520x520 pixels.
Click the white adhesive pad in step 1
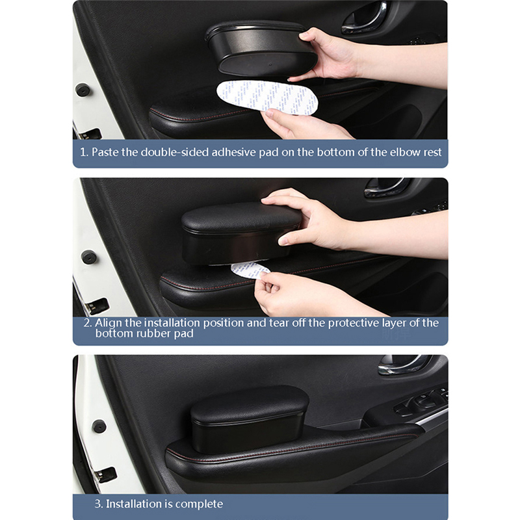click(x=267, y=97)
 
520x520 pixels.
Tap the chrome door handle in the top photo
click(x=365, y=18)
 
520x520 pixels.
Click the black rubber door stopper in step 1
click(x=83, y=90)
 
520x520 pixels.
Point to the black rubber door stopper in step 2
click(x=89, y=257)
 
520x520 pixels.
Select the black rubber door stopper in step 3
click(x=99, y=426)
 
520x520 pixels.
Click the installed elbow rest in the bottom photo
click(x=250, y=419)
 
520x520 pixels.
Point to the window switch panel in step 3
click(x=421, y=400)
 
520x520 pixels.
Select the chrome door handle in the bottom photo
click(x=404, y=365)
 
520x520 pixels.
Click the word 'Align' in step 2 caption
click(x=109, y=323)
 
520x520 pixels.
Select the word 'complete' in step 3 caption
click(x=199, y=504)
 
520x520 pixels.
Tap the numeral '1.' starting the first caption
click(x=84, y=152)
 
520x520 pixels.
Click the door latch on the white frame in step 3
click(x=105, y=475)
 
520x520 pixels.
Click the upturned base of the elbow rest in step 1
click(x=267, y=64)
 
